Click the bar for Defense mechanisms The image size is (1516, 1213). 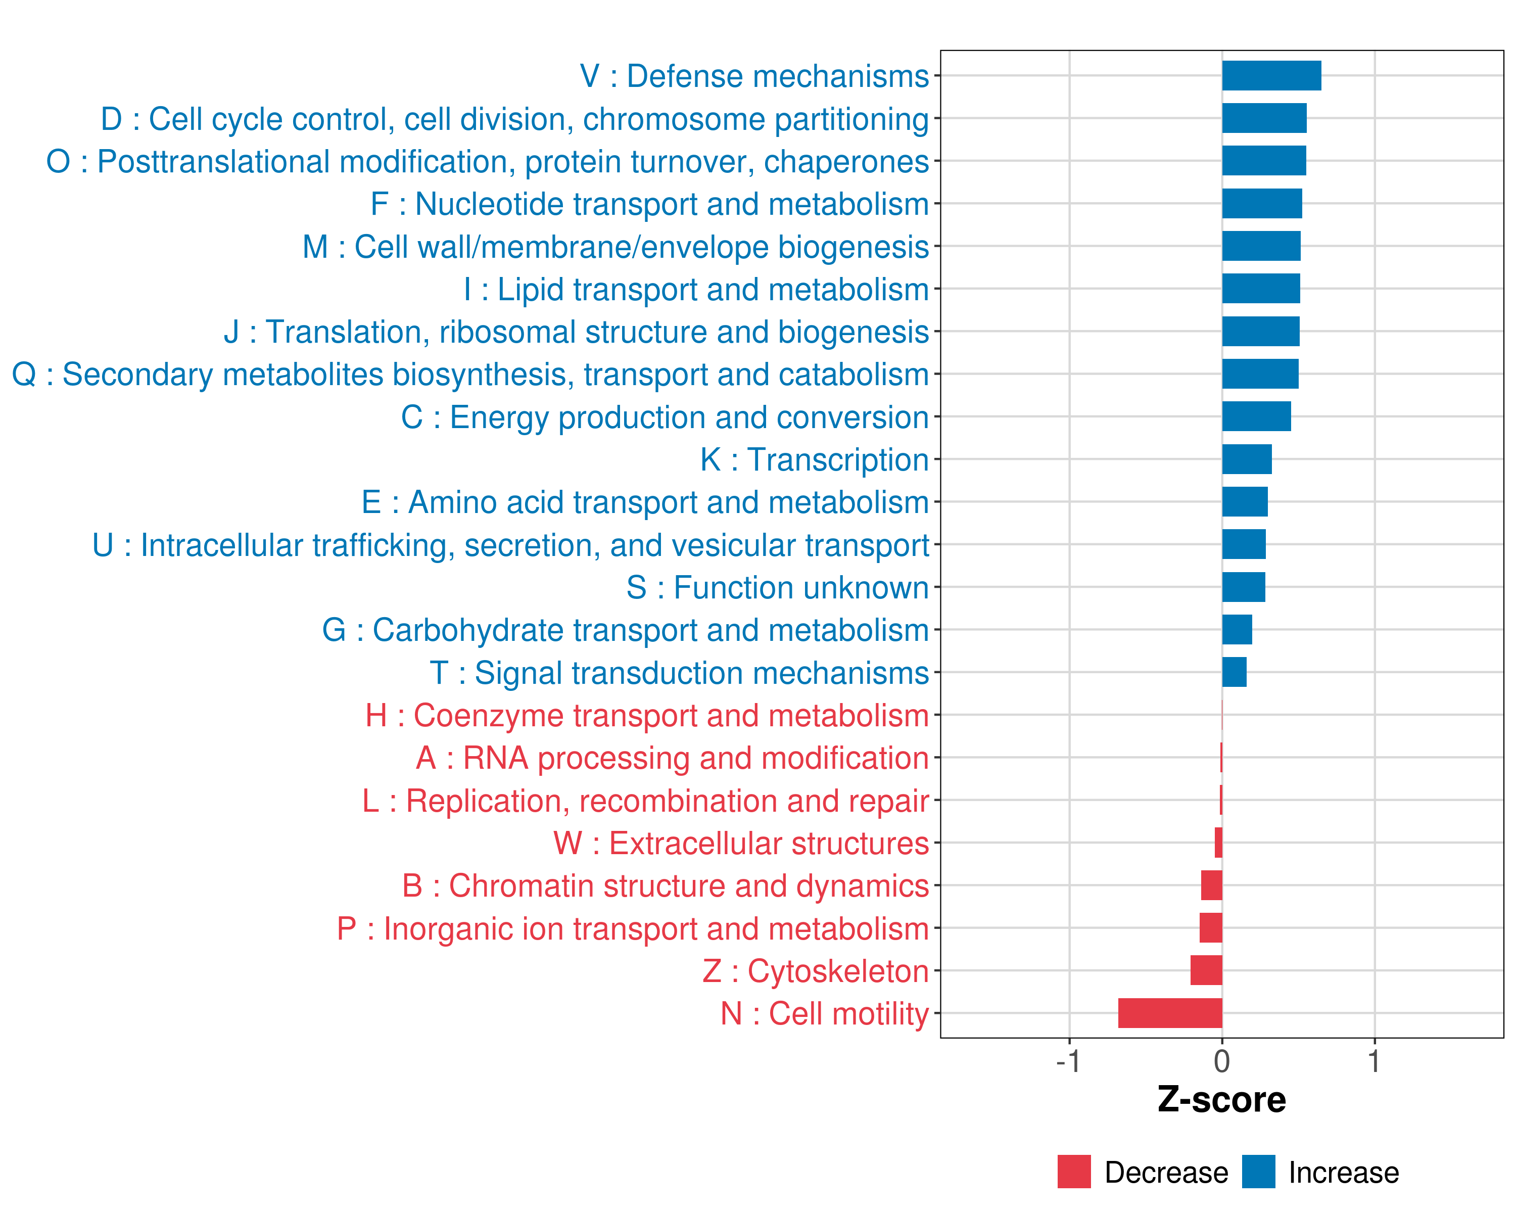coord(1271,76)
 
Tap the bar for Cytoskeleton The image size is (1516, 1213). coord(1206,970)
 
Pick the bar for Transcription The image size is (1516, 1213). coord(1247,459)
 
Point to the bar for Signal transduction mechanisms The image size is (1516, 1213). coord(1234,672)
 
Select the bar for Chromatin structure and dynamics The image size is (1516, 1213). coord(1211,885)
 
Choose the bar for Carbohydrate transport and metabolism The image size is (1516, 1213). coord(1237,629)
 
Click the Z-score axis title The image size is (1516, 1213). coord(1222,1100)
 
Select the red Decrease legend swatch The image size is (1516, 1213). coord(1074,1172)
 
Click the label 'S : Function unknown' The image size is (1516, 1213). coord(778,588)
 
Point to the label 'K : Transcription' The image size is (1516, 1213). coord(814,460)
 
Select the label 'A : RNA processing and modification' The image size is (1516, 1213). coord(672,759)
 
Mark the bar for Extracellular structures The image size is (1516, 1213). coord(1218,843)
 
